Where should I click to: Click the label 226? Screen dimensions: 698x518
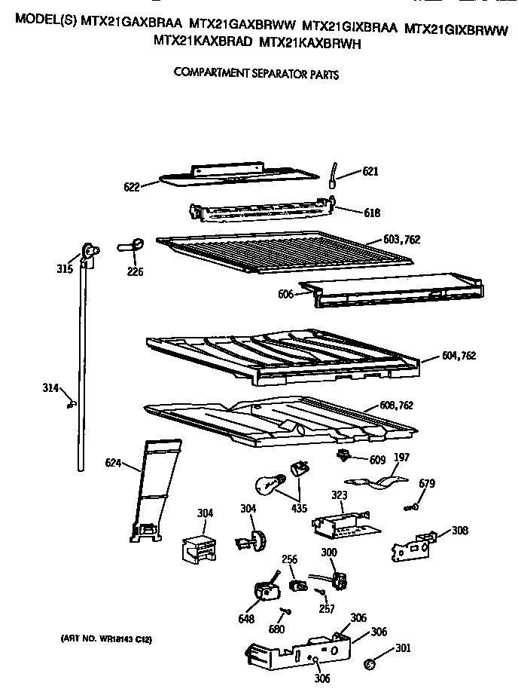136,271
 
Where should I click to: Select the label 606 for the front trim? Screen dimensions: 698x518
286,294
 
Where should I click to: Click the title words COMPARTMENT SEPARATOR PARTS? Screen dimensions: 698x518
256,74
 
